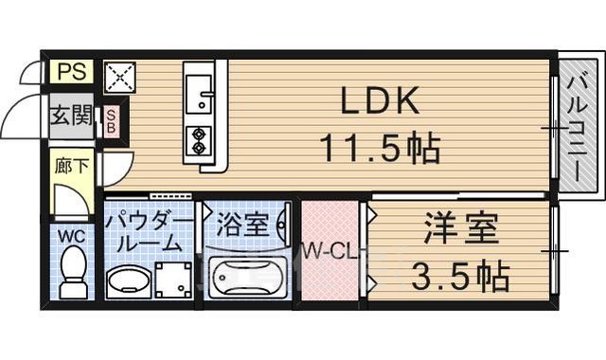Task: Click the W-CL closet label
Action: tap(329, 252)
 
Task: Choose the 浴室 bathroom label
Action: tap(242, 226)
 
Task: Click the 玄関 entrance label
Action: tap(71, 117)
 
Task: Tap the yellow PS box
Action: tap(70, 71)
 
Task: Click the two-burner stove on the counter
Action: tap(200, 139)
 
